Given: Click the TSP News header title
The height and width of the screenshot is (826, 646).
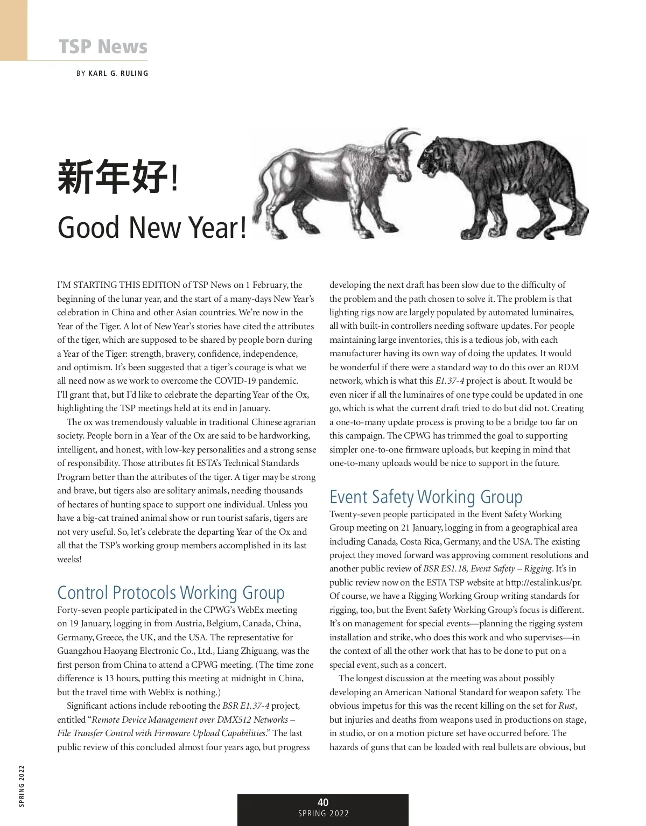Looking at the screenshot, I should pos(103,46).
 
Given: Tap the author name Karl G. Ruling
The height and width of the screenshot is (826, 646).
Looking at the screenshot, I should pos(118,73).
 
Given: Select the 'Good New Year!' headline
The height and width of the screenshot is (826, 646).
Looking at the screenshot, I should pos(152,227).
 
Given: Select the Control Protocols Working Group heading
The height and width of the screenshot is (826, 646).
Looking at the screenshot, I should pos(171,592).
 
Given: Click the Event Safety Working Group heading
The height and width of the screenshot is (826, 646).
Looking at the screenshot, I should pos(426,497).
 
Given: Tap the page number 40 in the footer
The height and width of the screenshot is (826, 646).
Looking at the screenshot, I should pos(323,802).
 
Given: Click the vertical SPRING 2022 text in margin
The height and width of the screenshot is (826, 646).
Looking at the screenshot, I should pos(22,786).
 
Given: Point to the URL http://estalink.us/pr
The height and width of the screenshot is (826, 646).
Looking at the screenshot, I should pos(544,582).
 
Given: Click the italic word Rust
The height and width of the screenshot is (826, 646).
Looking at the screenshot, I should pos(567,705).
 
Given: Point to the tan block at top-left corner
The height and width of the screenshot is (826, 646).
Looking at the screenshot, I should pos(13,30).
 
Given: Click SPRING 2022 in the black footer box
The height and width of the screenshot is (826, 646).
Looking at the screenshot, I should pos(324,814).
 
